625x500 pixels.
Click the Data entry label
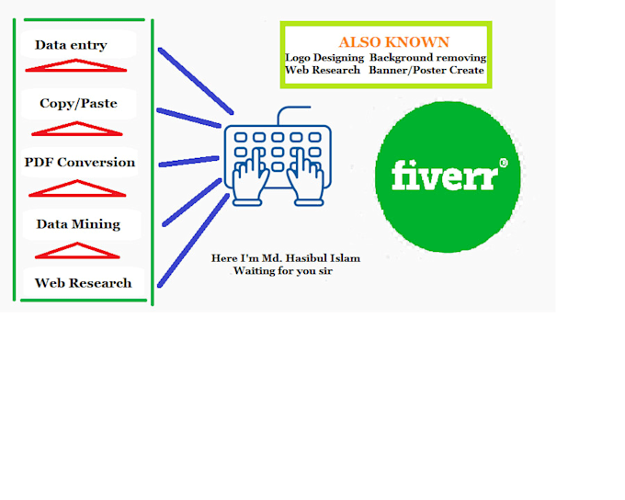pyautogui.click(x=71, y=45)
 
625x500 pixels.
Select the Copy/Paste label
pyautogui.click(x=78, y=104)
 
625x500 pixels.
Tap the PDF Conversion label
pyautogui.click(x=80, y=163)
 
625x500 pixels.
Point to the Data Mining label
pyautogui.click(x=78, y=224)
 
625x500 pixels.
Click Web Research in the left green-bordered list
pyautogui.click(x=83, y=283)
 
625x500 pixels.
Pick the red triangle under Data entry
pyautogui.click(x=75, y=66)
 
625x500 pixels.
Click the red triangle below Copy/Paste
pyautogui.click(x=77, y=128)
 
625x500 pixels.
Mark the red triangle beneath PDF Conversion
pyautogui.click(x=77, y=188)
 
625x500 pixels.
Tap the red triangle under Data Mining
pyautogui.click(x=77, y=250)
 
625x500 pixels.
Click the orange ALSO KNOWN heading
pyautogui.click(x=393, y=42)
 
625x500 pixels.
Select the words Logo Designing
pyautogui.click(x=324, y=58)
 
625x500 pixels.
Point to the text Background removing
pyautogui.click(x=427, y=58)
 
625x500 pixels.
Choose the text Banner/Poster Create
pyautogui.click(x=426, y=71)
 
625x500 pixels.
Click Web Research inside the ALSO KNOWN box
pyautogui.click(x=323, y=71)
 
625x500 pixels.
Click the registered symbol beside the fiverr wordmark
pyautogui.click(x=503, y=164)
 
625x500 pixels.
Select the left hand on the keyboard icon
pyautogui.click(x=250, y=180)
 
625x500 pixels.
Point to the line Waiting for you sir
pyautogui.click(x=282, y=271)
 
